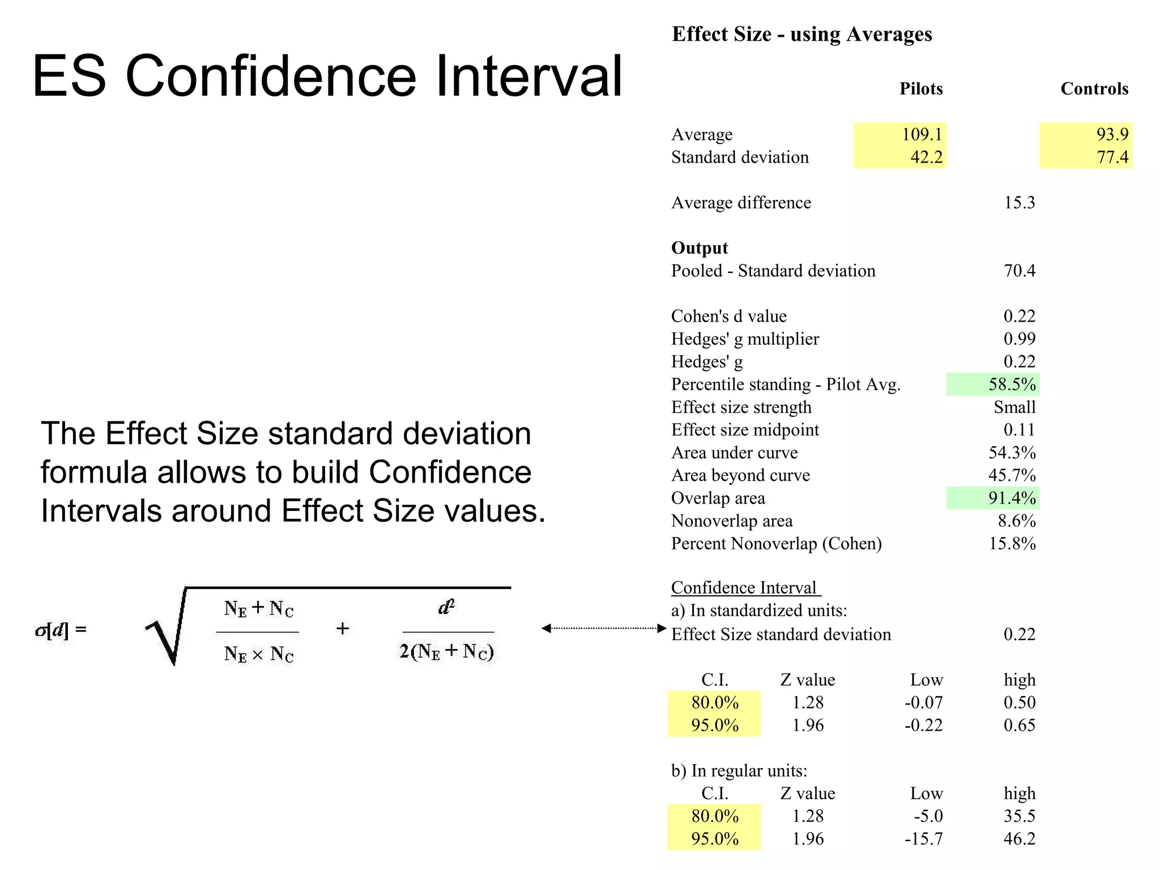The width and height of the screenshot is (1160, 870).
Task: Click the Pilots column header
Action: coord(921,89)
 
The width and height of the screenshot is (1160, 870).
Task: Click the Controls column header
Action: coord(1094,89)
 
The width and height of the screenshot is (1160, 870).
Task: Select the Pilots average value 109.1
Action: coord(922,134)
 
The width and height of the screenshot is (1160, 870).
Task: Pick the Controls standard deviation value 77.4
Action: coord(1112,157)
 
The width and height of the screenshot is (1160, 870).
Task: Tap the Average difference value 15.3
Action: coord(1019,203)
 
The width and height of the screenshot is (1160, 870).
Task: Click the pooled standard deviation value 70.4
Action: coord(1019,271)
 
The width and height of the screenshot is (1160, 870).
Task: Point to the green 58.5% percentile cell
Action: coord(1012,385)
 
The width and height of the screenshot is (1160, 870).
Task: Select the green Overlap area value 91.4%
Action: coord(1012,498)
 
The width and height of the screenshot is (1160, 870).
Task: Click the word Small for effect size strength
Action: coord(1014,407)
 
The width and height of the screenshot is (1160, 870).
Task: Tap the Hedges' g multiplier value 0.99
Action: coord(1019,339)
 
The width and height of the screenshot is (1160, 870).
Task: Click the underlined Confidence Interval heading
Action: coord(744,588)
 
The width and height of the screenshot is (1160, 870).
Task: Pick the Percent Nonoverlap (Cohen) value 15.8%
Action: coord(1012,544)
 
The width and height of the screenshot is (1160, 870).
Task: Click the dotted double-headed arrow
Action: coord(604,628)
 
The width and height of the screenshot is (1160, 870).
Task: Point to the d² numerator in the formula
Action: coord(446,608)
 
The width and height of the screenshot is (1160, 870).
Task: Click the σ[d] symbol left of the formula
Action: coord(60,630)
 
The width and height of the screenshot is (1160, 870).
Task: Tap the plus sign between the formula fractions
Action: coord(343,629)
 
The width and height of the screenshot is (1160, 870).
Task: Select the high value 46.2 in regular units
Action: coord(1019,839)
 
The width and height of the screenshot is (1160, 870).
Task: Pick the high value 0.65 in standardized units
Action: coord(1019,726)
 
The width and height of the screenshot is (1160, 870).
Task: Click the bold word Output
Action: coord(699,248)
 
